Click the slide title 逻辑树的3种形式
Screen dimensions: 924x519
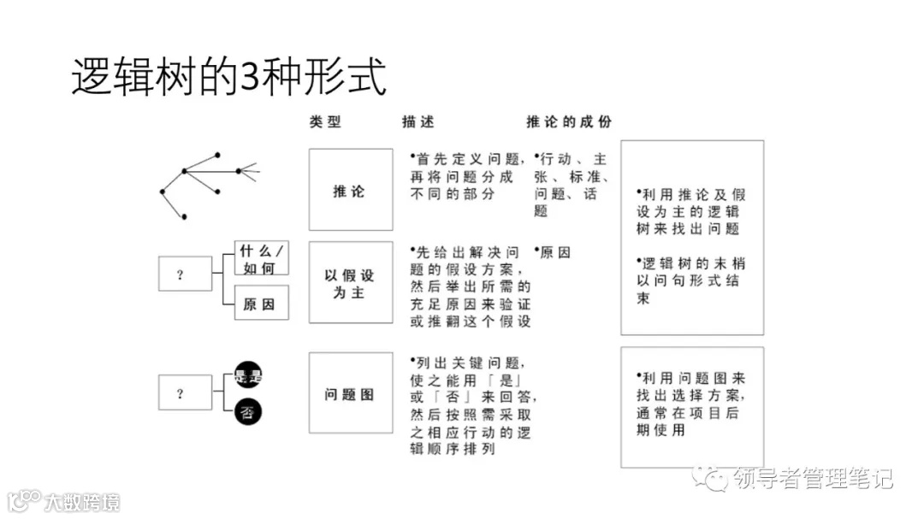point(228,77)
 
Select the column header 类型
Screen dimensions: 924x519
point(325,121)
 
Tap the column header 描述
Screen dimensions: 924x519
point(418,121)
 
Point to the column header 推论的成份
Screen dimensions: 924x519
point(569,121)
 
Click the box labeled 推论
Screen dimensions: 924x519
point(350,190)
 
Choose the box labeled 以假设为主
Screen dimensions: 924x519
point(350,283)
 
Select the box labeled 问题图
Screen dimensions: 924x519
point(350,394)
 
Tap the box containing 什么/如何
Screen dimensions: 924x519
point(262,257)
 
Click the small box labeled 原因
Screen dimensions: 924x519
point(262,304)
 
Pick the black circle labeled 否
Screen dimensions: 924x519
point(248,413)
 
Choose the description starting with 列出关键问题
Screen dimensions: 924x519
point(469,405)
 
